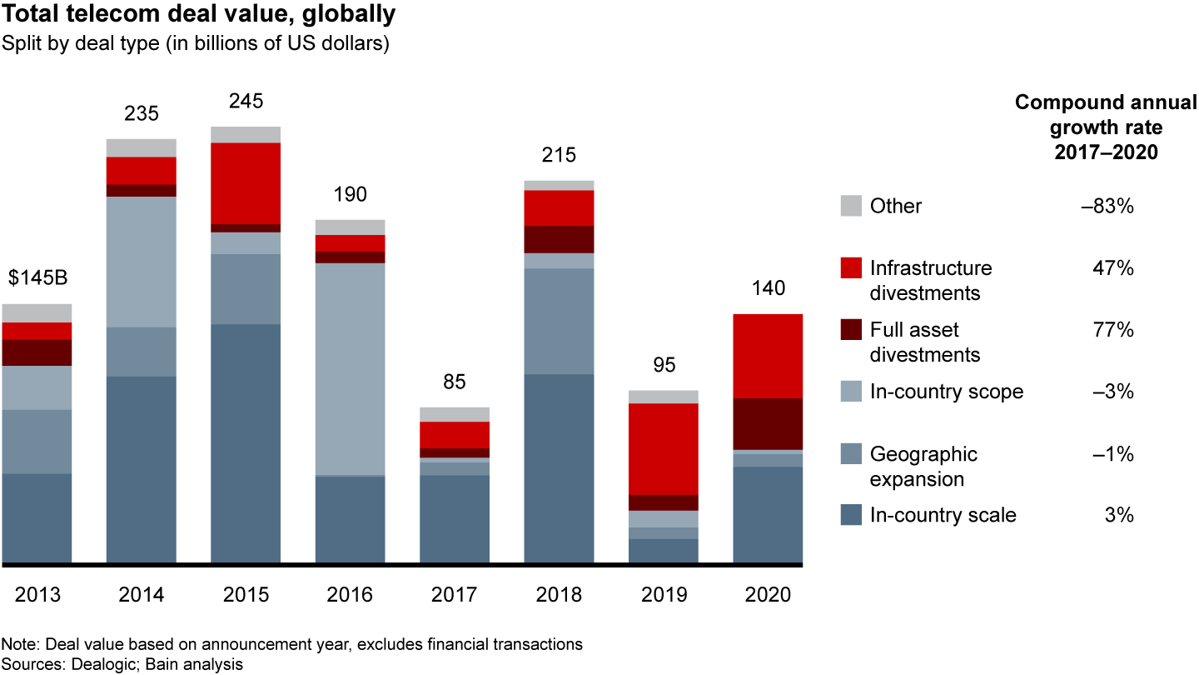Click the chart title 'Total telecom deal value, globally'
pyautogui.click(x=199, y=14)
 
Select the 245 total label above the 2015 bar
pyautogui.click(x=246, y=102)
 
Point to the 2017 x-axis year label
pyautogui.click(x=455, y=595)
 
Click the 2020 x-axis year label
pyautogui.click(x=768, y=595)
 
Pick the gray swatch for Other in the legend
pyautogui.click(x=850, y=206)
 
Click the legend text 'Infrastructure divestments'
pyautogui.click(x=931, y=281)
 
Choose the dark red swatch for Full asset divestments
pyautogui.click(x=850, y=330)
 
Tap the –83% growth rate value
pyautogui.click(x=1107, y=206)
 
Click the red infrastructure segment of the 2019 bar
pyautogui.click(x=664, y=448)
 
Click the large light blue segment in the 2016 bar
pyautogui.click(x=350, y=368)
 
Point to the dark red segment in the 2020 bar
pyautogui.click(x=768, y=423)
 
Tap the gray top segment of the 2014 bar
pyautogui.click(x=142, y=147)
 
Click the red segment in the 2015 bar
pyautogui.click(x=246, y=183)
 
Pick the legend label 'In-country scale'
pyautogui.click(x=943, y=515)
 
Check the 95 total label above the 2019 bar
pyautogui.click(x=664, y=365)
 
